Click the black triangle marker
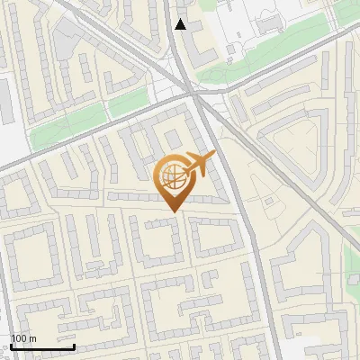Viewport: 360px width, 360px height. (182, 24)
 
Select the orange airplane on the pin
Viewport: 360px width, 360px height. (200, 164)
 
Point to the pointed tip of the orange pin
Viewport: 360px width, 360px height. (173, 211)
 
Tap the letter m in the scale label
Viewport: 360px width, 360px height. (32, 338)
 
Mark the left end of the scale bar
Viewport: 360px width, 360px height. (12, 346)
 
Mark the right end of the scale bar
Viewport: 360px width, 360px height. (75, 346)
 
